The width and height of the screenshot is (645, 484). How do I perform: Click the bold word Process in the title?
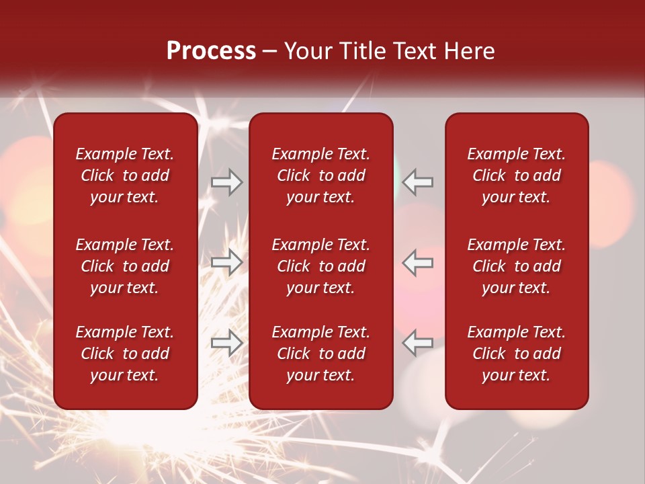pos(211,51)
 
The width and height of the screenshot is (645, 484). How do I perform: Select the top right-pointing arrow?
pos(226,182)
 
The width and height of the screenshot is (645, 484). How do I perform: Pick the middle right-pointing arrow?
pos(226,262)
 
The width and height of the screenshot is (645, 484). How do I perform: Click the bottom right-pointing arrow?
pos(226,343)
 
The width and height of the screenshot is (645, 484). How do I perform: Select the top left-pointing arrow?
pos(418,182)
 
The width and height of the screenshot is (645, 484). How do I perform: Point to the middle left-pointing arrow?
pos(418,262)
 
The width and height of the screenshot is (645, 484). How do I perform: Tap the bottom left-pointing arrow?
pos(418,343)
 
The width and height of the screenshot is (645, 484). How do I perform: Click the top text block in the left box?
pos(125,175)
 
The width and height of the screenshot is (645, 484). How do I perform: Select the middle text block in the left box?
pos(125,266)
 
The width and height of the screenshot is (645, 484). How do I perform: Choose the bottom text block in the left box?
pos(125,354)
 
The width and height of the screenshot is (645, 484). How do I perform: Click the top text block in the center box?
pos(321,175)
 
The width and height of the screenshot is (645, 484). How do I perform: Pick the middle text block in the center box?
pos(321,266)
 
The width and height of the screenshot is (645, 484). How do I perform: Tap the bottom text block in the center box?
pos(321,354)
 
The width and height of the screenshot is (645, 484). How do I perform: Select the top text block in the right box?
pos(517,175)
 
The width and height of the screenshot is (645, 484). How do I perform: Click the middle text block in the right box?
pos(517,266)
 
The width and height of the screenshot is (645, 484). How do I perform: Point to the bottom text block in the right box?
pos(517,354)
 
